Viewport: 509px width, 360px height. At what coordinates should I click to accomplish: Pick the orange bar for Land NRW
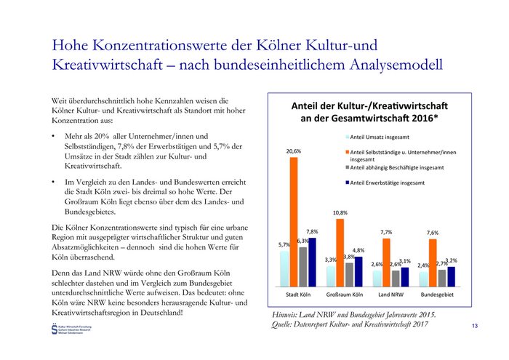(386, 262)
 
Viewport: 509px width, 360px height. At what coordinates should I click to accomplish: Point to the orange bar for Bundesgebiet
(433, 263)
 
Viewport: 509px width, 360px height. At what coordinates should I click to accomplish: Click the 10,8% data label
(340, 213)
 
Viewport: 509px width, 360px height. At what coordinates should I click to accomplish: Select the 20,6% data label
(294, 151)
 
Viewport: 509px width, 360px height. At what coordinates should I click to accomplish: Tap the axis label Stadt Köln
(298, 297)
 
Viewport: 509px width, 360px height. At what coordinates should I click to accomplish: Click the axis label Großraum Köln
(345, 297)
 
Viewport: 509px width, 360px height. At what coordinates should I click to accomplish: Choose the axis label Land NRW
(391, 297)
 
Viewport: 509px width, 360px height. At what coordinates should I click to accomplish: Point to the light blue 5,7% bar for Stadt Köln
(285, 270)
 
